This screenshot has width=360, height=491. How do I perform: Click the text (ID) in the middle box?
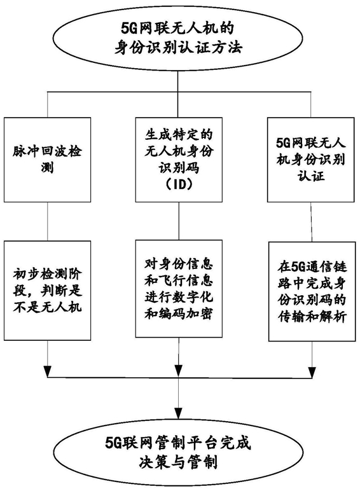[179, 185]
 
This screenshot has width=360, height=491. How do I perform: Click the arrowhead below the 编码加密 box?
[179, 371]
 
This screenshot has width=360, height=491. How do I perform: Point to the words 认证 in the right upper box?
[311, 176]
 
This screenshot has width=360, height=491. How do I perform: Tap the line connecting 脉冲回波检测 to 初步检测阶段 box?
[47, 221]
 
